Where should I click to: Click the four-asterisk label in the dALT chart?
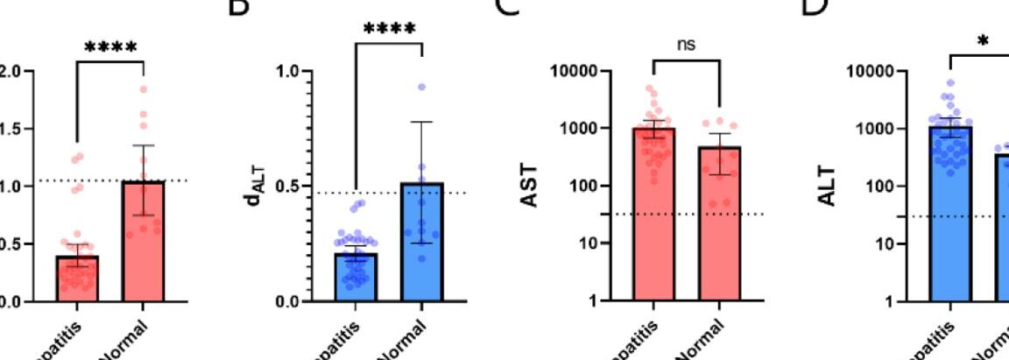tap(388, 29)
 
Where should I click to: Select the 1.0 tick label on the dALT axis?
tap(289, 71)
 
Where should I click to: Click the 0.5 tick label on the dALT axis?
tap(289, 186)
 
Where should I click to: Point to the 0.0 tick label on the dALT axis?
tap(289, 301)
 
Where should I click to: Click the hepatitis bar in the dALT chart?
tap(355, 277)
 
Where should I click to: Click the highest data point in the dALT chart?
tap(421, 88)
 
